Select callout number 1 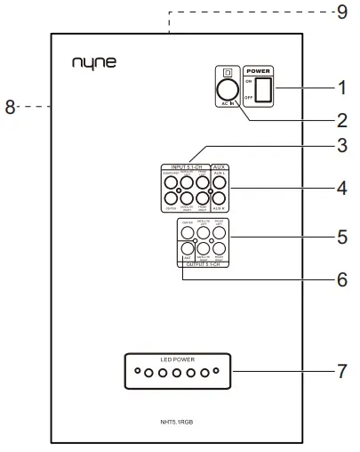point(339,88)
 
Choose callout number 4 point(339,189)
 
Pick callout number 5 point(339,238)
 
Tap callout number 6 point(339,278)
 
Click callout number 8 point(11,107)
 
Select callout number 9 point(339,12)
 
